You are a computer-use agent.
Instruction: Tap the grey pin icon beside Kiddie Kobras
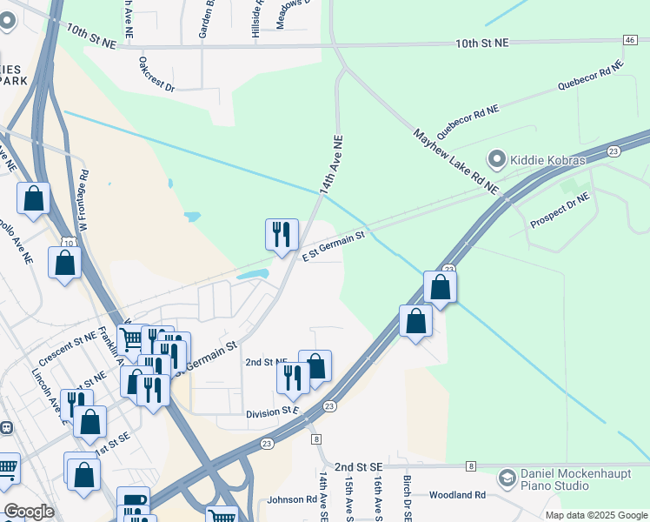coord(497,159)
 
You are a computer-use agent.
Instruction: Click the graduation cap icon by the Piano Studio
coord(507,478)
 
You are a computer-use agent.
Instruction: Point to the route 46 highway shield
coord(629,40)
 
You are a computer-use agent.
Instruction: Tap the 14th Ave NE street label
coord(330,164)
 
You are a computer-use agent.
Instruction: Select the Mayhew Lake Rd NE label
coord(455,161)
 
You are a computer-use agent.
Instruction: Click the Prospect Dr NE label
coord(560,211)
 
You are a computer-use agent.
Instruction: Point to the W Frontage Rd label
coord(83,201)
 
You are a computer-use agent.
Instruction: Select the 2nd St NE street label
coord(266,361)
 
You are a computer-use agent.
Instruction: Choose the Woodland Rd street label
coord(456,495)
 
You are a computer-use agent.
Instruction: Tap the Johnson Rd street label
coord(292,499)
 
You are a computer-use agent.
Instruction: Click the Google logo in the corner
coord(30,511)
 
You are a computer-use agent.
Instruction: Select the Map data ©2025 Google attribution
coord(595,515)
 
